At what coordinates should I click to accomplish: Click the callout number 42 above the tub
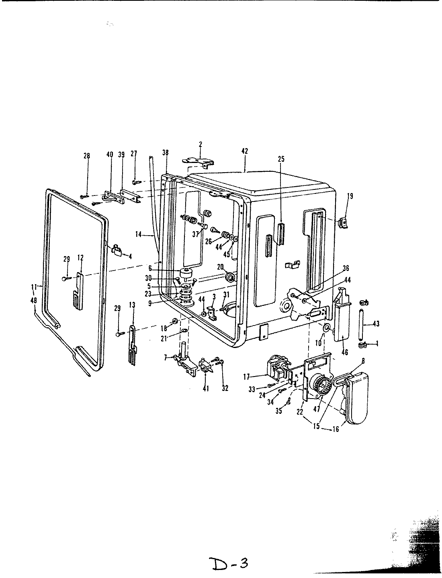(245, 151)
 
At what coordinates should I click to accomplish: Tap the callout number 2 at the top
(200, 144)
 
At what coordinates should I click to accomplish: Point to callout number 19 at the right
(350, 196)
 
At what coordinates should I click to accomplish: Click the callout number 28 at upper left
(87, 156)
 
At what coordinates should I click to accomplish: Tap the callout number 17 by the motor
(247, 377)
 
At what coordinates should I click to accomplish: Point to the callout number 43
(376, 324)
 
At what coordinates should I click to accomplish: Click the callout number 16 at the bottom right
(336, 429)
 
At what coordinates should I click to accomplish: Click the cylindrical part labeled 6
(186, 275)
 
